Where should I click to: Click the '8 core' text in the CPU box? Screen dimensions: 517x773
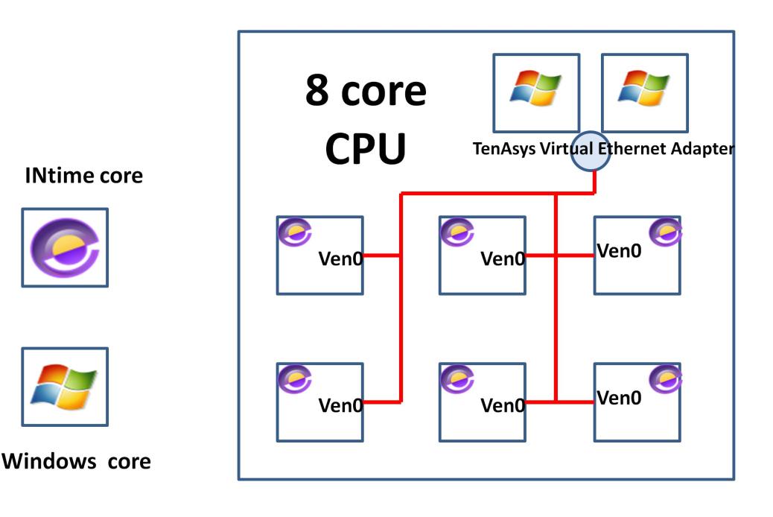coord(366,92)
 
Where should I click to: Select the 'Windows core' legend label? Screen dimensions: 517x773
coord(77,461)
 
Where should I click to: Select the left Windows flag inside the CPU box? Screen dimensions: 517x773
coord(536,88)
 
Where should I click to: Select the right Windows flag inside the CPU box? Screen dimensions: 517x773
coord(645,88)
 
